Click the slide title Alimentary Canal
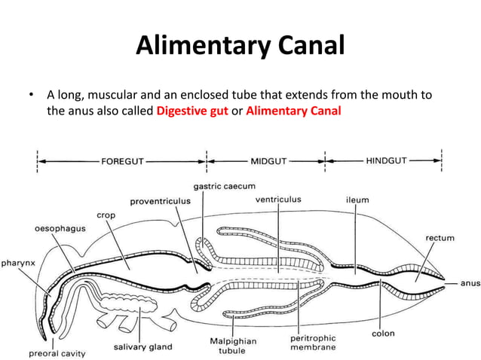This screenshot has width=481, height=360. coord(240,47)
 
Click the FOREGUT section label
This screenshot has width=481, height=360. coord(122,161)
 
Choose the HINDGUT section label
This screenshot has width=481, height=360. coord(386,161)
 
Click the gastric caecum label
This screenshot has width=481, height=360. coord(224,186)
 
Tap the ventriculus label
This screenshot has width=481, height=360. coord(277,200)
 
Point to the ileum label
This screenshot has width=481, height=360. coord(357,200)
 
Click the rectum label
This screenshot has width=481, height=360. coord(440,238)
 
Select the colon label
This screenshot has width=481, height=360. coord(384,333)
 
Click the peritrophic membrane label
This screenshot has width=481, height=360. coord(313,343)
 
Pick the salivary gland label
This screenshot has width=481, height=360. coord(142,347)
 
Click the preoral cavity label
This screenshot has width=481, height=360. coord(57,352)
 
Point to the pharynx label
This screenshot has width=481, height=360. coord(18,264)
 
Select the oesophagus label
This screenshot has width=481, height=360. coord(58,227)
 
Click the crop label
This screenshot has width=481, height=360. coord(105,215)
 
